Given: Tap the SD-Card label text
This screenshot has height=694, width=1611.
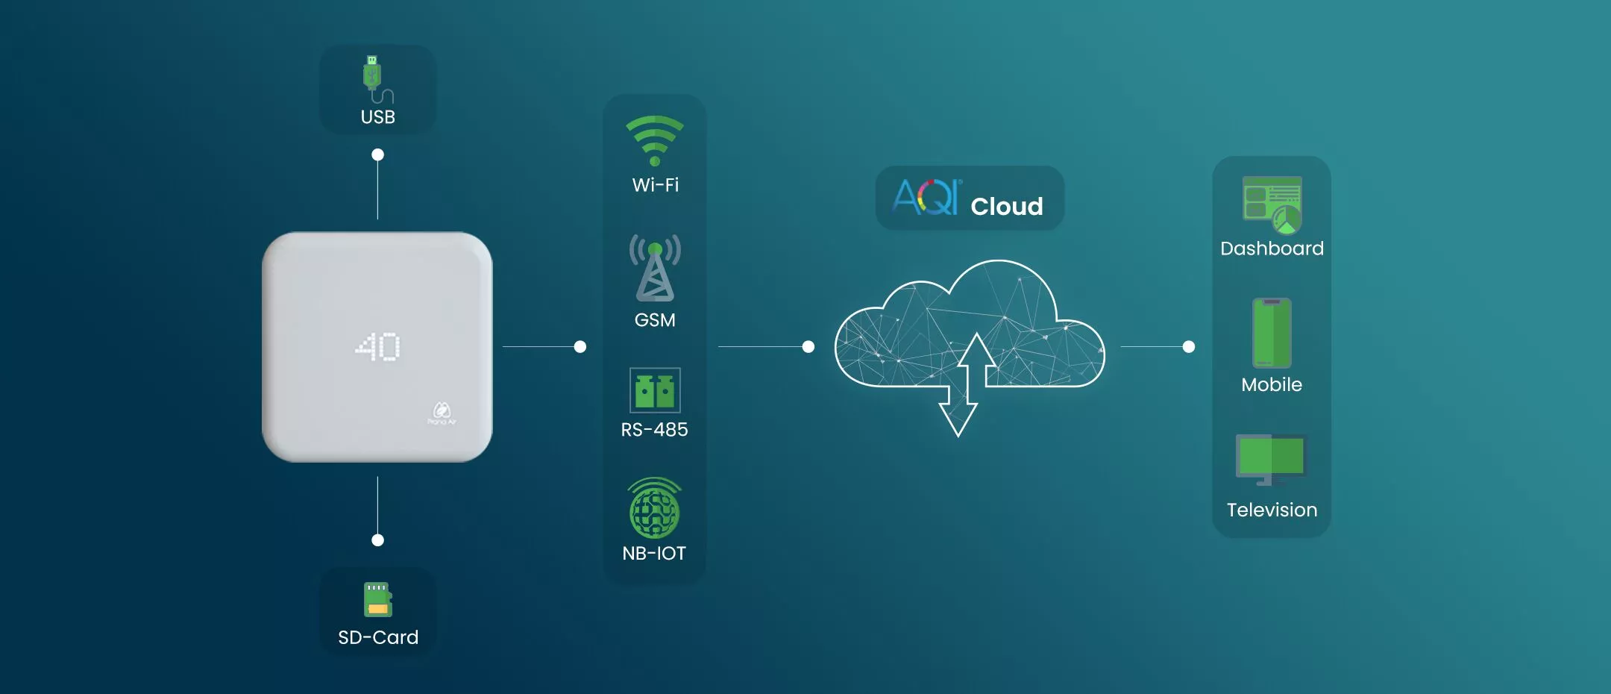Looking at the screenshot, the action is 378,637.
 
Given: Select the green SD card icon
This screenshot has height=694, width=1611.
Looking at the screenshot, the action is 378,599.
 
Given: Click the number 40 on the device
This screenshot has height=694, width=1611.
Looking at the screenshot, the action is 377,347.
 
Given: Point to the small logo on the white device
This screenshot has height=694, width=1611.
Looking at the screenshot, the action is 442,413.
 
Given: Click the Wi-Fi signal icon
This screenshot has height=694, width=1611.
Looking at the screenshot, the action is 655,140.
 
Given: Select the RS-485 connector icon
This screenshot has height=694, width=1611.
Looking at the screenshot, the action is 655,390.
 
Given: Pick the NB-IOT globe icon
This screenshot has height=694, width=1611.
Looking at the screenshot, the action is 655,508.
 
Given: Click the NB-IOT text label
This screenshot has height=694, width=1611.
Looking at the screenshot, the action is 654,554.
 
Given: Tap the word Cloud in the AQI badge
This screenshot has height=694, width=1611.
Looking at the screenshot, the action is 1007,207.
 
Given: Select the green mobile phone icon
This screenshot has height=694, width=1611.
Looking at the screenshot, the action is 1272,333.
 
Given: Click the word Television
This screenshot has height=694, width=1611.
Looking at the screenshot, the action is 1272,510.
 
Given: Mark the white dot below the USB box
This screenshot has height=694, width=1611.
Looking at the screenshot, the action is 378,154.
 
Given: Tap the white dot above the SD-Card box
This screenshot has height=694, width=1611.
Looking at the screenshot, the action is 378,540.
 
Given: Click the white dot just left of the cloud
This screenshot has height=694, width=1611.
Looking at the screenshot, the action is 808,347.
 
